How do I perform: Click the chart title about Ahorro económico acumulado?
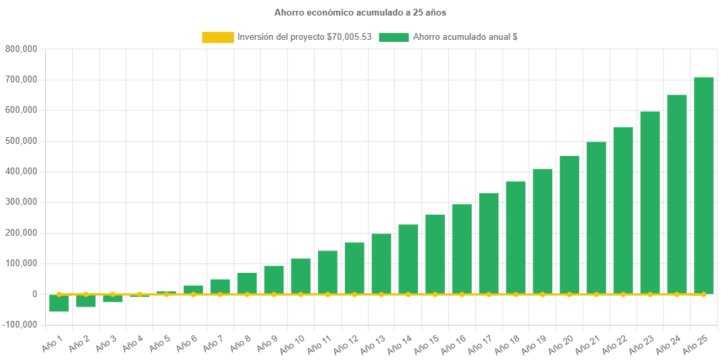click(x=360, y=12)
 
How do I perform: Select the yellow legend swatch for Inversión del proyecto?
click(x=217, y=37)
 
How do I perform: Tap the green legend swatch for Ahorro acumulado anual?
click(x=394, y=37)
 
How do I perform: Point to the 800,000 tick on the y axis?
click(x=21, y=49)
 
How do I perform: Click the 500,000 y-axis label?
click(x=21, y=141)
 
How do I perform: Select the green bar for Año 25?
click(x=703, y=186)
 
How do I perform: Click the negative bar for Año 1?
click(x=59, y=303)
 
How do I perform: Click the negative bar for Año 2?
click(x=86, y=301)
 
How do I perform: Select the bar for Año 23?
click(x=650, y=203)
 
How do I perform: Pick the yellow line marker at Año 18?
click(x=516, y=294)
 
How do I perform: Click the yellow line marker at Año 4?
click(x=140, y=294)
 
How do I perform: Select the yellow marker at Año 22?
click(x=623, y=294)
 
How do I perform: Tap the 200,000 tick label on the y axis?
click(x=21, y=233)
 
